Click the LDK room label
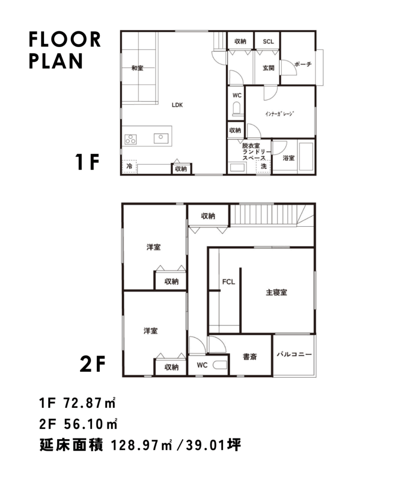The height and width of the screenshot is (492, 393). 177,105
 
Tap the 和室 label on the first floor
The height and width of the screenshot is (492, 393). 137,68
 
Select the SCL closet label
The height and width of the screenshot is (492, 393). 268,41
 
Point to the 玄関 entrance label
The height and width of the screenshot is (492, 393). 268,68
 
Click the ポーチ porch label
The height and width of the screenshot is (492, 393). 303,64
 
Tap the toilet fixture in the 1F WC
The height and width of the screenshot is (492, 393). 237,109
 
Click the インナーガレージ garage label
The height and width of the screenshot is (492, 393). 280,114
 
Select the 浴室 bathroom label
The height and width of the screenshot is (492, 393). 289,158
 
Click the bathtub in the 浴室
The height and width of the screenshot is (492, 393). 306,157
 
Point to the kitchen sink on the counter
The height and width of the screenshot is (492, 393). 161,138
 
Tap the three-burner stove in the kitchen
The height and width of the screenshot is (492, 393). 131,139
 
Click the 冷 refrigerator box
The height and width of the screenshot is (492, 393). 130,166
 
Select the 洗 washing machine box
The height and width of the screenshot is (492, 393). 263,166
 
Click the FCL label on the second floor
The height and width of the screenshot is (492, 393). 228,282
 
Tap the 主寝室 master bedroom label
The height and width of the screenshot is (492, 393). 276,293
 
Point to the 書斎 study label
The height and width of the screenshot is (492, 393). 250,357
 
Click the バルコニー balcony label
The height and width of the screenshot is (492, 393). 294,354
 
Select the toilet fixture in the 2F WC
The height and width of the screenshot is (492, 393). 220,365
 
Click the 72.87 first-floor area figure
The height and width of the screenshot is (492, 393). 83,403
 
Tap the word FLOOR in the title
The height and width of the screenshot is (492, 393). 65,39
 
